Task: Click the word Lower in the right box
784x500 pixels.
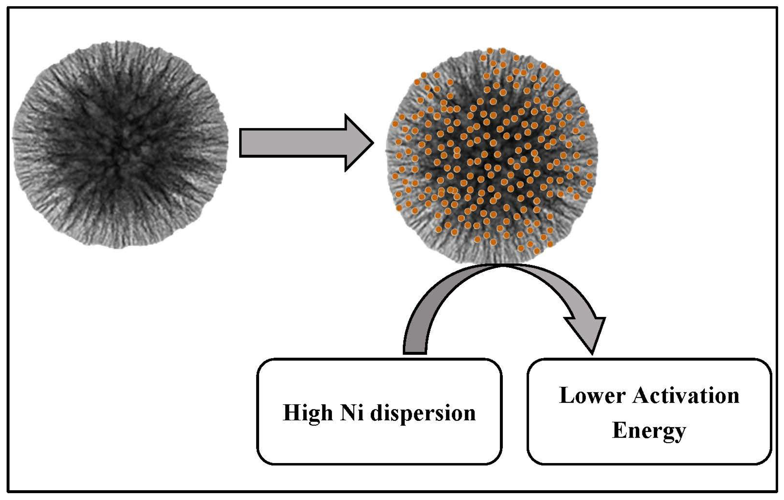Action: [x=592, y=396]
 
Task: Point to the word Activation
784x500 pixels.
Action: [x=686, y=396]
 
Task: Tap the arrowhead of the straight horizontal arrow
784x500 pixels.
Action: [x=358, y=143]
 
